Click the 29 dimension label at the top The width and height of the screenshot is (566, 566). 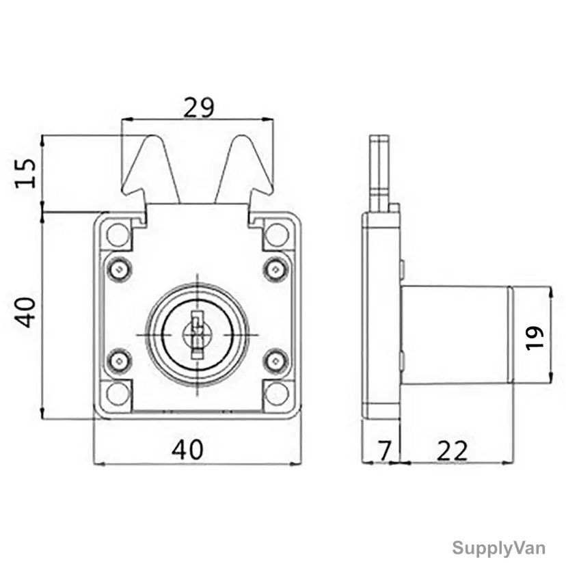click(198, 107)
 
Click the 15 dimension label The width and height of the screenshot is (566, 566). click(25, 173)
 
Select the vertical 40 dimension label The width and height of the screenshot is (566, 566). click(25, 312)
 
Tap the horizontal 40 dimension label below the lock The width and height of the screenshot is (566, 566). click(187, 449)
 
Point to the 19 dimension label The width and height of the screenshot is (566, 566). click(535, 338)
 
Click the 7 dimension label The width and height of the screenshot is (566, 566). click(384, 450)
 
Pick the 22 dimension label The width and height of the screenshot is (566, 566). click(452, 450)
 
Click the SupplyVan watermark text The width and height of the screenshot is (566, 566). click(498, 548)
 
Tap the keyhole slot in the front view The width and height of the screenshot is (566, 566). click(197, 335)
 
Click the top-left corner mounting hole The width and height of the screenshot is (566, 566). click(118, 235)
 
